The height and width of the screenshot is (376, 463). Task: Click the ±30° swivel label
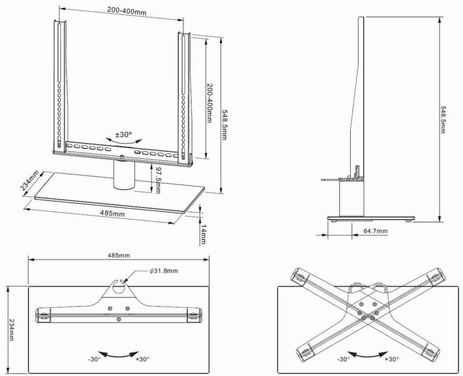[x=123, y=135]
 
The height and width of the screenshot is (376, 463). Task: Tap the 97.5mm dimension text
[x=157, y=180]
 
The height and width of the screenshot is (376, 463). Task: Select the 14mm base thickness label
[x=203, y=235]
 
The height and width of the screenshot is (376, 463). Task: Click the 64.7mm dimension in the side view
[x=375, y=231]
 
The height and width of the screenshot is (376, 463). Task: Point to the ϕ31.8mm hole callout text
[x=164, y=271]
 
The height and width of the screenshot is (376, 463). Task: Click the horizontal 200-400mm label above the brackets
[x=127, y=11]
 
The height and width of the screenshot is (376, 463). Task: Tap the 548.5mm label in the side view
[x=443, y=120]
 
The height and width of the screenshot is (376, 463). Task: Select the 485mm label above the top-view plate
[x=119, y=255]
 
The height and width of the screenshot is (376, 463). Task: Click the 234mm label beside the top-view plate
[x=11, y=330]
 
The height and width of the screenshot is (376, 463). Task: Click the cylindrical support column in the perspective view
[x=124, y=174]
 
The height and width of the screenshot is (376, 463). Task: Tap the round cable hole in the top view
[x=119, y=287]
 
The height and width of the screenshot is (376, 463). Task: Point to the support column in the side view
[x=351, y=199]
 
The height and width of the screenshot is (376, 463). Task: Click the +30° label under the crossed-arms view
[x=392, y=359]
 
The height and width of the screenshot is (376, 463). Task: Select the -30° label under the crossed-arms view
[x=343, y=359]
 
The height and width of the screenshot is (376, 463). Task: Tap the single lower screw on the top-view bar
[x=119, y=319]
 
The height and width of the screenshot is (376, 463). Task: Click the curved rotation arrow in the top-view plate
[x=119, y=355]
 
